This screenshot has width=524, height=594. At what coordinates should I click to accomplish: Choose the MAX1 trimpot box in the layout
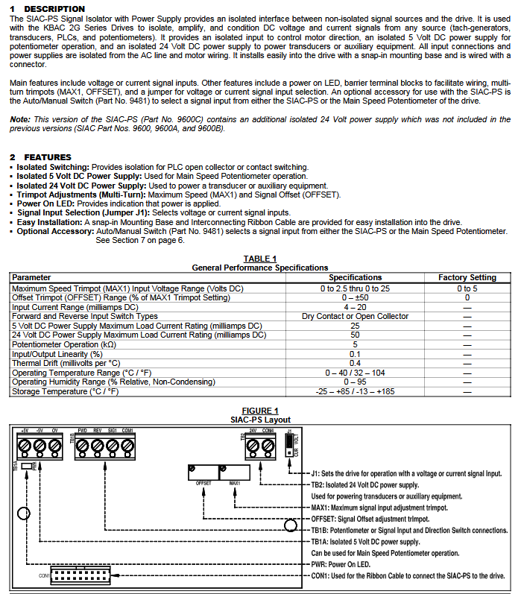point(234,474)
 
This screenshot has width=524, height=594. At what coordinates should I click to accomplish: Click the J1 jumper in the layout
point(289,444)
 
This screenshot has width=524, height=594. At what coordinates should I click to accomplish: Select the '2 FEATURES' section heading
point(40,157)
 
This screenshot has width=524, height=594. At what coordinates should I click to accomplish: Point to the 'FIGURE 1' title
point(260,411)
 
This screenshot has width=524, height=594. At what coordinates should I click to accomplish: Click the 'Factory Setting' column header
point(467,277)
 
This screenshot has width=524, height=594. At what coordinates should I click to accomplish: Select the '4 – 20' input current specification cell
point(355,306)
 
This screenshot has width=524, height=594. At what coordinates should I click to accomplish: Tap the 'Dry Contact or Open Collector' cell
point(355,316)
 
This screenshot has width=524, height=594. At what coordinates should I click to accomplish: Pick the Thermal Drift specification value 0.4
point(355,363)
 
